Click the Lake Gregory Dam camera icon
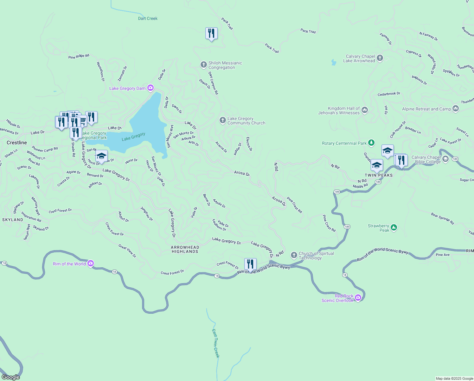150,88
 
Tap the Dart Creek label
148,18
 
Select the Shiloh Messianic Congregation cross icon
204,65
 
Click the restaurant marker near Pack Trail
211,33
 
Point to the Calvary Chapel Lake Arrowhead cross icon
380,58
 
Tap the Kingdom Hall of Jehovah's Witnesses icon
364,110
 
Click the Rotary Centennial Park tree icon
371,143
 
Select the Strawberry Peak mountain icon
394,227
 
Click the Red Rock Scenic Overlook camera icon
358,298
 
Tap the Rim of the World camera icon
90,264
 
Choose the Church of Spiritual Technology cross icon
294,255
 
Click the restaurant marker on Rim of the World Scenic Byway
250,264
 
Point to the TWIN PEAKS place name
379,175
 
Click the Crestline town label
17,143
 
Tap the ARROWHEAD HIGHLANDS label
185,249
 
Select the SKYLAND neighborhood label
13,220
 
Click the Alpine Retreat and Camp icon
456,109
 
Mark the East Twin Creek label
215,343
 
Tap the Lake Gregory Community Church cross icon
223,120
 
